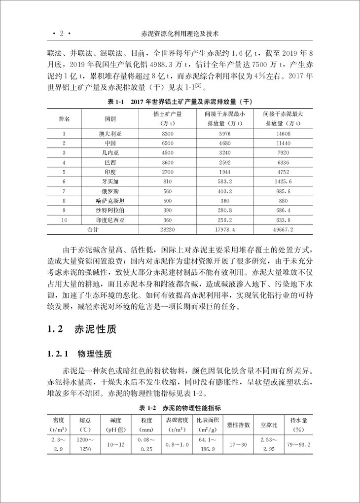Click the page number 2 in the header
pos(62,34)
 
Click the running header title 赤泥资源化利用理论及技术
pos(180,34)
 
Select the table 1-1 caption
pos(180,102)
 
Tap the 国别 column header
pos(110,119)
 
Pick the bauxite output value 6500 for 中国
pos(168,143)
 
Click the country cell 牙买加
pos(110,181)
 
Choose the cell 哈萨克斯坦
pos(110,201)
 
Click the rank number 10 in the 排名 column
pos(64,220)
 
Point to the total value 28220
pos(168,230)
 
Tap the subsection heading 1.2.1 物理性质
pos(80,354)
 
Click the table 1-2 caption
pos(180,407)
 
